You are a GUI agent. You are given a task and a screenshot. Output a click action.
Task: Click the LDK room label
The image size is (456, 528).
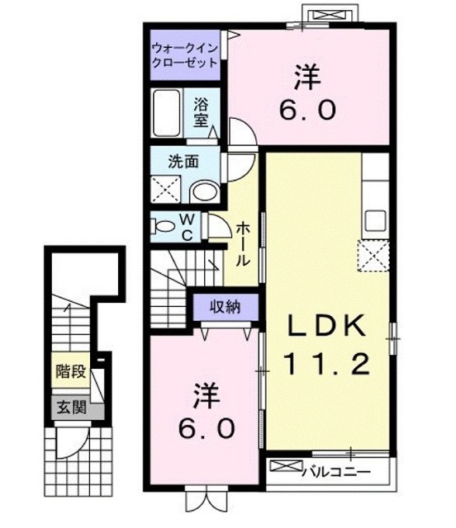[326, 325]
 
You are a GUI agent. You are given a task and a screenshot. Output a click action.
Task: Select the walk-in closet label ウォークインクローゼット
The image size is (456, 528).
[184, 55]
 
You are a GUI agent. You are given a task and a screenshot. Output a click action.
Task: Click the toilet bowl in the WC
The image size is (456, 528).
[165, 224]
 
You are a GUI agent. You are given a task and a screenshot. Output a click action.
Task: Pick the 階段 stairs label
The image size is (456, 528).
[71, 370]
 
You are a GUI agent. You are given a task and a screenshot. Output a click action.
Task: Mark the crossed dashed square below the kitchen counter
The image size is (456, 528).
[375, 256]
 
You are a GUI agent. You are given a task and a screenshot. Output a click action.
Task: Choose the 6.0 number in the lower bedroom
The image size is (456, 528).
[207, 427]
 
